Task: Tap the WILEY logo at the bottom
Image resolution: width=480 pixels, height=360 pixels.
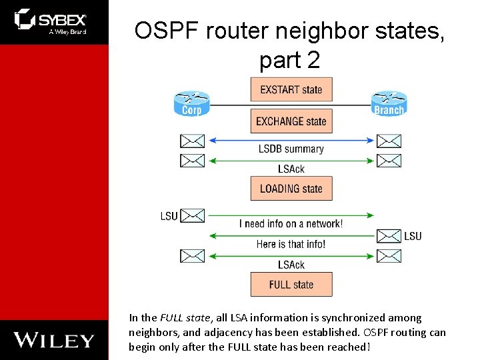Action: click(54, 340)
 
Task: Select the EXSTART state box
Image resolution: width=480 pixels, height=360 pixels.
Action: click(291, 90)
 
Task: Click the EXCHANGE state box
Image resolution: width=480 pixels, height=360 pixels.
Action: click(291, 121)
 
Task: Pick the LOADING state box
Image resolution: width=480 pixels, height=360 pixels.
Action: click(291, 189)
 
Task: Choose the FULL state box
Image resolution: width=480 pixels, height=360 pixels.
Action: click(291, 285)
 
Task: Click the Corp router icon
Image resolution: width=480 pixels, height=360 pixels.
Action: click(191, 104)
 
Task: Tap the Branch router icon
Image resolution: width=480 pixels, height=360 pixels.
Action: click(389, 104)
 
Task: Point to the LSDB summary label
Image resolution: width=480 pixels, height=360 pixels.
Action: click(291, 149)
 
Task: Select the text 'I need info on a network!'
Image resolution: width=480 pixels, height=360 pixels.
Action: click(291, 224)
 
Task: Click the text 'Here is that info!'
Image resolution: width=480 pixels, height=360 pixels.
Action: click(291, 244)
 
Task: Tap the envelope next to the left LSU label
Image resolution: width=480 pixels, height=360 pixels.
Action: click(193, 215)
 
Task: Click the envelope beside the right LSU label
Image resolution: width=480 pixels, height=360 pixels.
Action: click(389, 235)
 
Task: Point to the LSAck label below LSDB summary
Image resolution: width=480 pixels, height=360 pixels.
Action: click(291, 169)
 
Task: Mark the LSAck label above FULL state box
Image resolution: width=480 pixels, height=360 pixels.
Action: click(291, 265)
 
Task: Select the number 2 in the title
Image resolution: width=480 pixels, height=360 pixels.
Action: click(313, 61)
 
